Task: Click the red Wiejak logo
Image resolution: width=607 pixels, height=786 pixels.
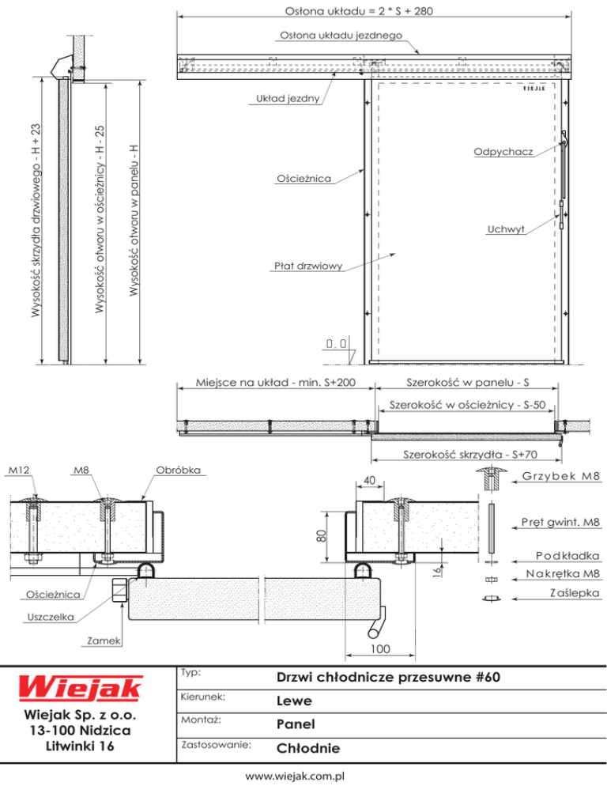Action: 81,688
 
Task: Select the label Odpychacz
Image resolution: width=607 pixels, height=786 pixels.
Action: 503,151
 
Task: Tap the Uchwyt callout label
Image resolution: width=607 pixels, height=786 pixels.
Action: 506,229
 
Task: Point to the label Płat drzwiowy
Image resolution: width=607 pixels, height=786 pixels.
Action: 308,266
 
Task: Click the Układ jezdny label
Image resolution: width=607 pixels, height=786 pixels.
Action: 288,98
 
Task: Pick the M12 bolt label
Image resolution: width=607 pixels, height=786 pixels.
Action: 19,470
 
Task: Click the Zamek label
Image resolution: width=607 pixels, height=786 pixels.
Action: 104,641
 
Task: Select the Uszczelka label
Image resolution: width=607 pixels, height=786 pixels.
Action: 51,617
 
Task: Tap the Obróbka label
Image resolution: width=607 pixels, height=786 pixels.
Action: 178,470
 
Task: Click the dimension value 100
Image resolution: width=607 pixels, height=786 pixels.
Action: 380,648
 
